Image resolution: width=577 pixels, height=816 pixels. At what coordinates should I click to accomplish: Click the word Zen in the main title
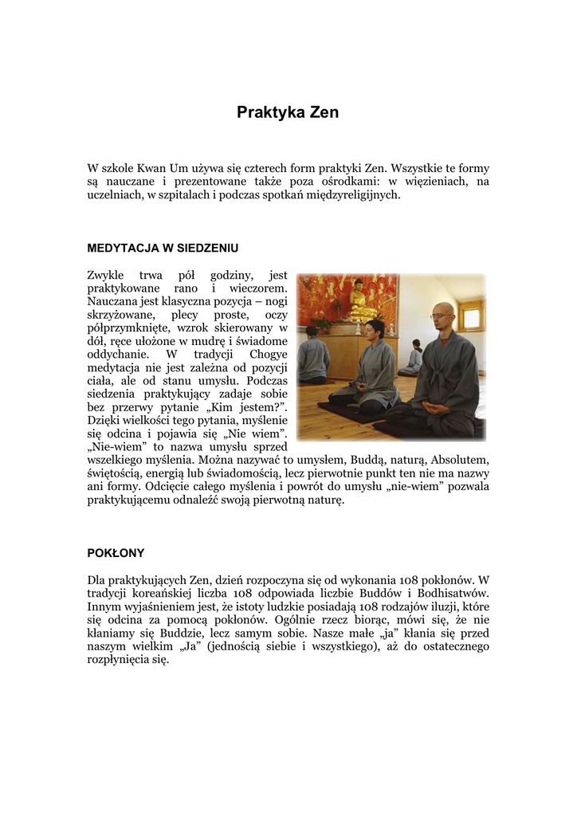[x=323, y=112]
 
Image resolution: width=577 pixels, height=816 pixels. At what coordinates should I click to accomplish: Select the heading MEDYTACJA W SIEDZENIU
[x=163, y=248]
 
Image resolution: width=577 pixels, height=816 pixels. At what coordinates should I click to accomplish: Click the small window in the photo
[x=472, y=318]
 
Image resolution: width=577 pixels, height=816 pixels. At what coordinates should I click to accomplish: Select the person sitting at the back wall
[x=414, y=358]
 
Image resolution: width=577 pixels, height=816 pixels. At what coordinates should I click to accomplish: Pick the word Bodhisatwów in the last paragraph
[x=455, y=593]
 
